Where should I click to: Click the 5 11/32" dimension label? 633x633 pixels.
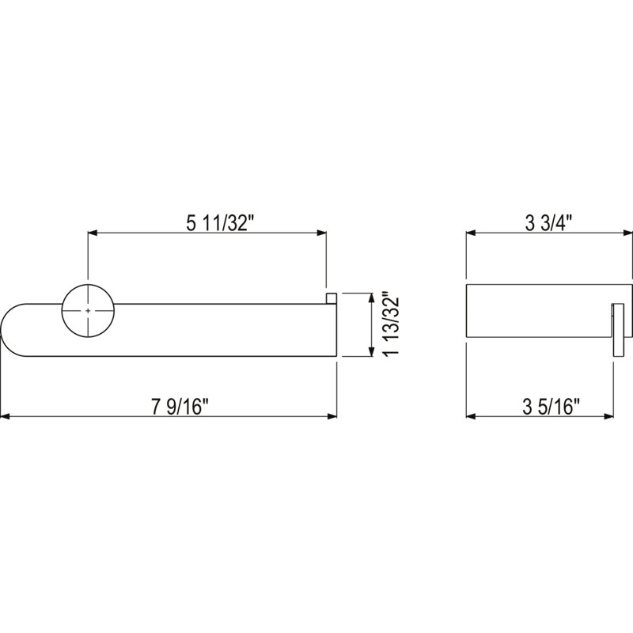[x=222, y=223]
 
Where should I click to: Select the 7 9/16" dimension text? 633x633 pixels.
[x=182, y=407]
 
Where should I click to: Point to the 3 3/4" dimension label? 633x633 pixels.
[x=549, y=223]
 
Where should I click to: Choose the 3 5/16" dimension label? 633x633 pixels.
[x=551, y=407]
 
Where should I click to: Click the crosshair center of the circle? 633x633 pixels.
[x=88, y=311]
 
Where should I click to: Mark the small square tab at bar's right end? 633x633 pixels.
[x=332, y=299]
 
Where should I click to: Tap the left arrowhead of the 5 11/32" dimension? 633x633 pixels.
[x=93, y=233]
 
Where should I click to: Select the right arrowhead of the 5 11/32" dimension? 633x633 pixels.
[x=321, y=233]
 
